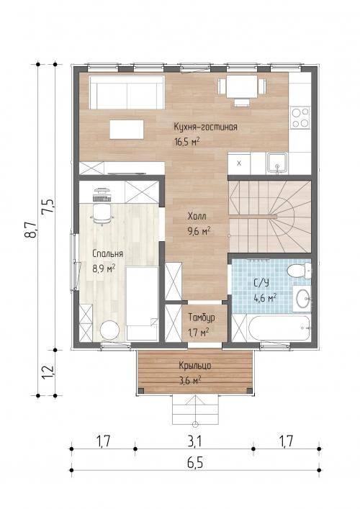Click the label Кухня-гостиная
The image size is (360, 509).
pos(205,127)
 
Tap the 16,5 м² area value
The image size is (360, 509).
pos(186,142)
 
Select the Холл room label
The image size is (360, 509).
pos(197,216)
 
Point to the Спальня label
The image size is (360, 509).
pos(108,253)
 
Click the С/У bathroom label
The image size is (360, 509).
pos(261,283)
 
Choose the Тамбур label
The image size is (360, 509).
pos(202,317)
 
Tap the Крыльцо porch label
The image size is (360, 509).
pos(195,366)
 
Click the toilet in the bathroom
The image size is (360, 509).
pos(299,271)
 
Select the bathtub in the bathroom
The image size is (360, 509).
pos(279,328)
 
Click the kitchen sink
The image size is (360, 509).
pos(277,163)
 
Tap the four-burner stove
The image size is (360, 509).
pos(300,118)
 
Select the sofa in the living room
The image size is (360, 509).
pos(127,93)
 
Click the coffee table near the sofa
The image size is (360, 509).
pos(127,130)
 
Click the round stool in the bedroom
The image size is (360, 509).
pos(109,330)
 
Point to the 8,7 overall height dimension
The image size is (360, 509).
pos(32,230)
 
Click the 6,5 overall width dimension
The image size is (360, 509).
pos(195,463)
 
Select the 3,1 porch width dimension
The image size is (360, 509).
pos(194,441)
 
